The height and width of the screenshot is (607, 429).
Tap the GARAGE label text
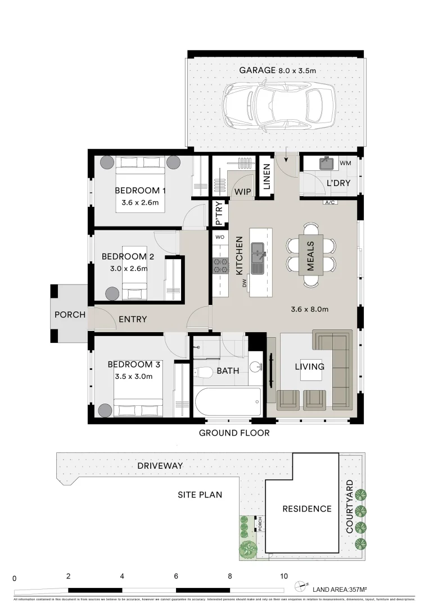[258, 70]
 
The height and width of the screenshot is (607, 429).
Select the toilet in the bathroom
[203, 372]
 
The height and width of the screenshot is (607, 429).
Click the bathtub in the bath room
[228, 402]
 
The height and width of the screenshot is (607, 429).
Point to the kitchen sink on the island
[259, 250]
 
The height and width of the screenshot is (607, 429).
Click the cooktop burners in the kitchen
[220, 265]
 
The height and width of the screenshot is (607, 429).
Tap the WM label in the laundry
[346, 163]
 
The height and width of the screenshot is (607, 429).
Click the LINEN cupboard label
[267, 179]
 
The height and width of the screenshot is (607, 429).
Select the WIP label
[243, 192]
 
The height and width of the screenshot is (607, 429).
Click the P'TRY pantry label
[219, 216]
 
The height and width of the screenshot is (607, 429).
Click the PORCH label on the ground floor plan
[70, 315]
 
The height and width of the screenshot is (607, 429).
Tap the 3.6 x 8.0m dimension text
[309, 309]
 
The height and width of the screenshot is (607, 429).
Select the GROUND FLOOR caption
[234, 433]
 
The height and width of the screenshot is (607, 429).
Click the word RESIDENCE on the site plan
[306, 509]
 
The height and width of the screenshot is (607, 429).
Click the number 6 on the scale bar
[176, 576]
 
